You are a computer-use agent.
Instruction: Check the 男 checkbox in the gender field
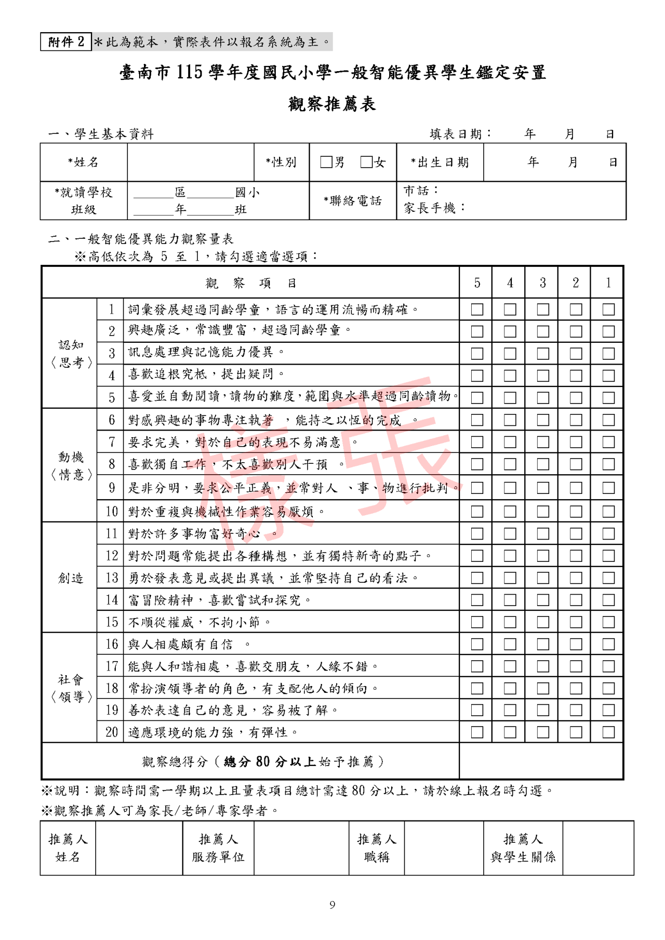point(326,162)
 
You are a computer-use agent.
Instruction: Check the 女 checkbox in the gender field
point(367,162)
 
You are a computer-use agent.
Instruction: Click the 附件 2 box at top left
point(66,42)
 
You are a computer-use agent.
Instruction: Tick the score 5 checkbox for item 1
point(477,310)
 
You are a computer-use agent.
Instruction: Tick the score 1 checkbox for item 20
point(608,732)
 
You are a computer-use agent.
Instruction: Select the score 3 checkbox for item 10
point(543,512)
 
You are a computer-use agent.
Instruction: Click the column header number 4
point(510,283)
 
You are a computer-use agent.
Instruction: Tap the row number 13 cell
point(112,578)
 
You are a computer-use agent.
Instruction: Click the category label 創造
point(71,578)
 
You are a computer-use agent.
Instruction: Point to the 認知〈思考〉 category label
point(71,354)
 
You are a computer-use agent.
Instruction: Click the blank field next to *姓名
point(191,162)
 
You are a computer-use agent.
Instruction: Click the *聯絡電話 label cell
point(353,200)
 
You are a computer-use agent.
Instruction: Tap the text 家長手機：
point(435,208)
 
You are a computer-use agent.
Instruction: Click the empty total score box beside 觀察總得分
point(541,761)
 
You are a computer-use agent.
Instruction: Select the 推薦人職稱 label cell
point(377,848)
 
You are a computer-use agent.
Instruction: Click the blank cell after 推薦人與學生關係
point(598,848)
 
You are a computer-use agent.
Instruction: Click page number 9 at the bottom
point(332,905)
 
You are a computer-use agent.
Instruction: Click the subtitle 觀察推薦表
point(332,104)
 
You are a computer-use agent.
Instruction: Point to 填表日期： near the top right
point(460,134)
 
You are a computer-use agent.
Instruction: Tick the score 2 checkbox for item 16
point(576,644)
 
